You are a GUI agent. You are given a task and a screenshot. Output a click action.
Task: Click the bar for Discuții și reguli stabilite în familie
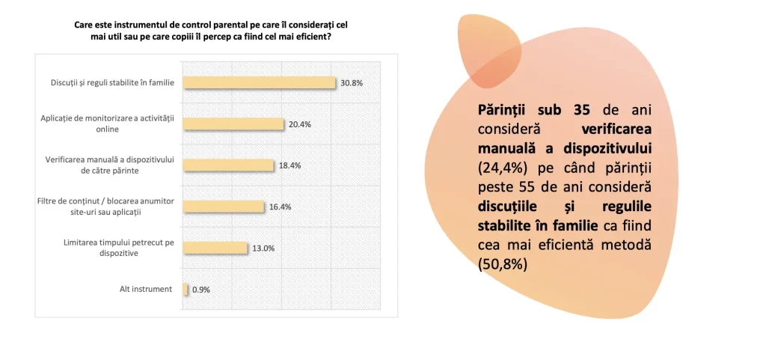point(258,82)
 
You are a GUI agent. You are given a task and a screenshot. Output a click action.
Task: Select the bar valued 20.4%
point(233,124)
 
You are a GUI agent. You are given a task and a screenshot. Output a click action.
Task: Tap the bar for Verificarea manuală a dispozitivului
point(228,165)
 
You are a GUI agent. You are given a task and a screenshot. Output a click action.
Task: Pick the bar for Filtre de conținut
point(223,207)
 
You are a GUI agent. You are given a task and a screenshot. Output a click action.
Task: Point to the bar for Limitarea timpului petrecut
point(214,248)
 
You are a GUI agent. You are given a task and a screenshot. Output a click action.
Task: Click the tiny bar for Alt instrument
point(185,289)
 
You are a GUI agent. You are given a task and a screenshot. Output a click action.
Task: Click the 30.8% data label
point(351,83)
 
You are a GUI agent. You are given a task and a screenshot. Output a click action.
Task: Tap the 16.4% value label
point(280,207)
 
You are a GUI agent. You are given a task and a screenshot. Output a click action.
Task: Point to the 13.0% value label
point(263,248)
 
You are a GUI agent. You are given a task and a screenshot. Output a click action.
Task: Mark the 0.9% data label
point(200,290)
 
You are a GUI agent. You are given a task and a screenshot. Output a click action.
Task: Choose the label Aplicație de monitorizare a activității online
point(110,124)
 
